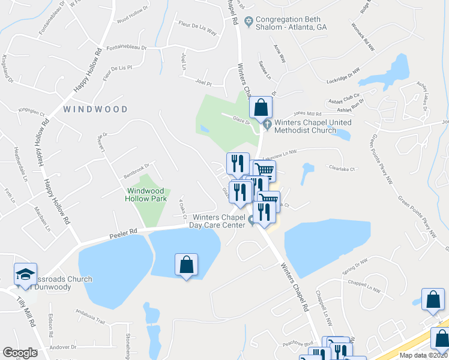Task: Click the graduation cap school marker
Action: (26, 274)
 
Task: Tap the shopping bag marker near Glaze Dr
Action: (261, 108)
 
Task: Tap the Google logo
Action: (20, 353)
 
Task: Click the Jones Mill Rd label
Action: (307, 113)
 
